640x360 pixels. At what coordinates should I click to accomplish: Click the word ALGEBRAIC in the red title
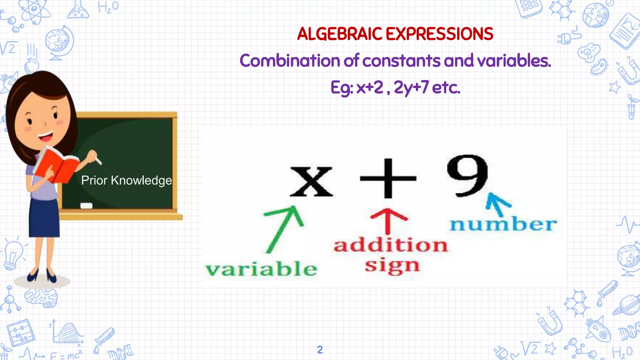tap(339, 34)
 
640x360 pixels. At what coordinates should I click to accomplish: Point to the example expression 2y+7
tap(411, 87)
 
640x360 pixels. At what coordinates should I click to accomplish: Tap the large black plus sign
tap(388, 178)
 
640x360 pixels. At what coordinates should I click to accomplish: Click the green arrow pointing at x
tap(283, 228)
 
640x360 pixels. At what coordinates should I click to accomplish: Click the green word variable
tap(261, 269)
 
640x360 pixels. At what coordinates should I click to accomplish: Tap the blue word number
tap(503, 224)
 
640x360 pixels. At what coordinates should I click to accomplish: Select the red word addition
tap(391, 245)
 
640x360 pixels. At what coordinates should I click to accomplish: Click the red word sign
tap(392, 266)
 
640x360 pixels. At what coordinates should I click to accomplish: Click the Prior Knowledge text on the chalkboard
tap(127, 181)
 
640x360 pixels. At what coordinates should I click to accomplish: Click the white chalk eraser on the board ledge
tap(87, 206)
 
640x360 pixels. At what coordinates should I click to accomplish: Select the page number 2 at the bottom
tap(320, 350)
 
